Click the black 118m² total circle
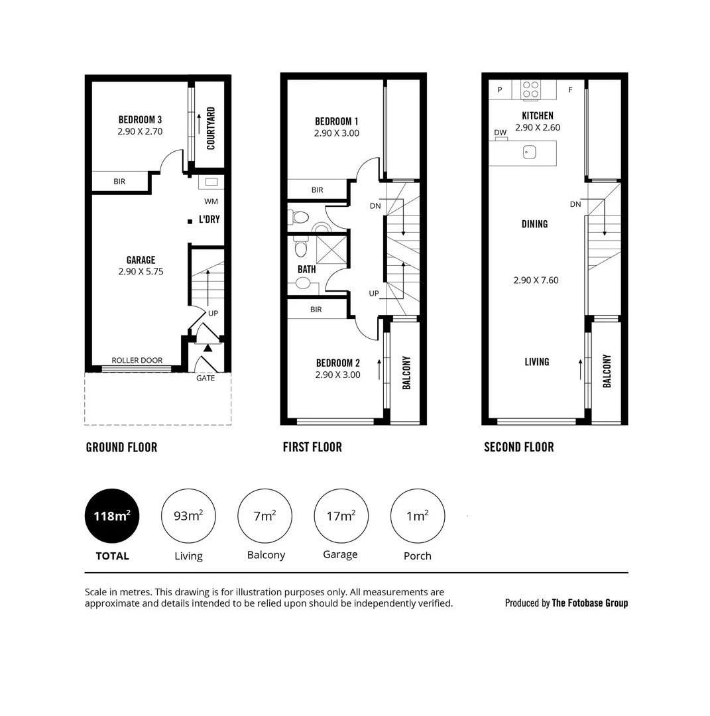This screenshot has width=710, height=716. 112,516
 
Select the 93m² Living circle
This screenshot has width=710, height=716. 188,516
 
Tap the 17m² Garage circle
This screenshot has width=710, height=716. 341,516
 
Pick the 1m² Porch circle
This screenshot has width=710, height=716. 417,516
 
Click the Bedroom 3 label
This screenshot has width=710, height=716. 140,120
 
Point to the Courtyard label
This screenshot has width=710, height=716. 211,129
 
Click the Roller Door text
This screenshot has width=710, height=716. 137,361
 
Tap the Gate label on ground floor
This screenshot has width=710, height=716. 206,378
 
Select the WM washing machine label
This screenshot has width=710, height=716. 211,201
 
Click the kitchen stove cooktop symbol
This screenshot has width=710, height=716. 530,89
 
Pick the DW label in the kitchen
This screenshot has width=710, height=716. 500,133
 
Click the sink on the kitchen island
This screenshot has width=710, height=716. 529,152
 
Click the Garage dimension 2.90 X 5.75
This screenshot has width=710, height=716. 141,272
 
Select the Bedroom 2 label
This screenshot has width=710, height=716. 337,363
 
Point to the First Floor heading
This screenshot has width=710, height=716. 312,447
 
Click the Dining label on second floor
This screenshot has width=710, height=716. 534,224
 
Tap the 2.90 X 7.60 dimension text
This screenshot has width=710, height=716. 536,280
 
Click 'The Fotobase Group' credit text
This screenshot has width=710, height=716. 589,603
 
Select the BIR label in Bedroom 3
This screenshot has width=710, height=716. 119,182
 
